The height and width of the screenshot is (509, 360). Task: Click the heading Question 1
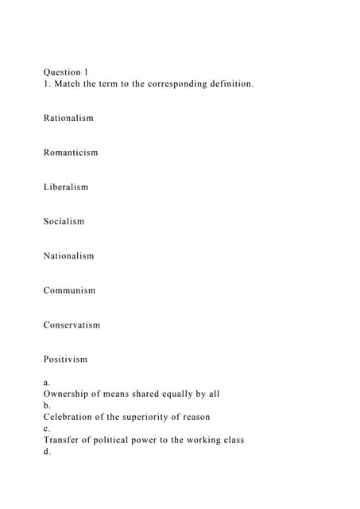click(66, 72)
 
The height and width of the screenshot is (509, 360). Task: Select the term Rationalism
click(68, 119)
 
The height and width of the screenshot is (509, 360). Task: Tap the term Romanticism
click(71, 153)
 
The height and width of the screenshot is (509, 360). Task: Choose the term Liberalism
click(66, 188)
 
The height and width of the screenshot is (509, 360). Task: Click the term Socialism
click(64, 222)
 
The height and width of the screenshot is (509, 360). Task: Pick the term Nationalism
click(68, 256)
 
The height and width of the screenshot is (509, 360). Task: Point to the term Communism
click(69, 291)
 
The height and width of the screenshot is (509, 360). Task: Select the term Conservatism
click(72, 325)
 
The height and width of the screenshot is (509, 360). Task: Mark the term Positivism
click(65, 359)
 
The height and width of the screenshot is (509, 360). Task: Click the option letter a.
click(47, 383)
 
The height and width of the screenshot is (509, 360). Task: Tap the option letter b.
click(47, 406)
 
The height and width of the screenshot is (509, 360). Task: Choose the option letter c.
click(47, 429)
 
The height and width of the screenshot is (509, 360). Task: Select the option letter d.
click(47, 452)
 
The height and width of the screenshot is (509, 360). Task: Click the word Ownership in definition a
click(69, 394)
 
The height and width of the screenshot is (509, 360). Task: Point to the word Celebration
click(72, 417)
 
